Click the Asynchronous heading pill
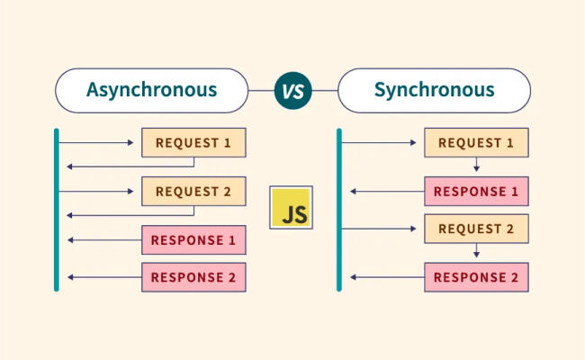pos(151,90)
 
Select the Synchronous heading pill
pos(434,90)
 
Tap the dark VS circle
pos(292,90)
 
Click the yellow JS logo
pos(292,208)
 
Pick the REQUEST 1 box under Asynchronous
pos(193,142)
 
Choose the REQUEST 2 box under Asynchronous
pos(193,192)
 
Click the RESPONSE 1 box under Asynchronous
pos(193,240)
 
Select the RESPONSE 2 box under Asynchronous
pos(193,277)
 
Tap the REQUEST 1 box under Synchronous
pos(476,142)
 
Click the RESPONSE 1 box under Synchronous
pos(476,192)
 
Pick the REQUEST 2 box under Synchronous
pos(476,229)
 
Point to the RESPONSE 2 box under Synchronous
pos(476,277)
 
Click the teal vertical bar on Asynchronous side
pos(56,210)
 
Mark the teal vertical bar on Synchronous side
pos(339,210)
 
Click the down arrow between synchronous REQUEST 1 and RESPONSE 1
pos(476,166)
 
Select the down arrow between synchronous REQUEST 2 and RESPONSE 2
pos(476,253)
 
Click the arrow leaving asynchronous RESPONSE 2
pos(103,277)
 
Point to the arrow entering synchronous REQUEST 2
pos(382,229)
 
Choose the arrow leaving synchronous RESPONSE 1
pos(387,192)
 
